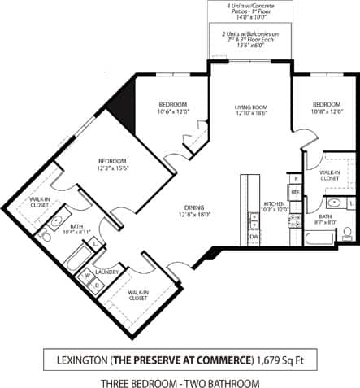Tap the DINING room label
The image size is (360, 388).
click(193, 207)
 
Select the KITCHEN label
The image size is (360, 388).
click(272, 203)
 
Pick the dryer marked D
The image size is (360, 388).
click(97, 285)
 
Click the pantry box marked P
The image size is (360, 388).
click(296, 177)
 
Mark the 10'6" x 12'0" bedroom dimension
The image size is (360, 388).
click(172, 111)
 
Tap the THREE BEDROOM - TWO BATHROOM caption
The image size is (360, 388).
click(180, 381)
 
